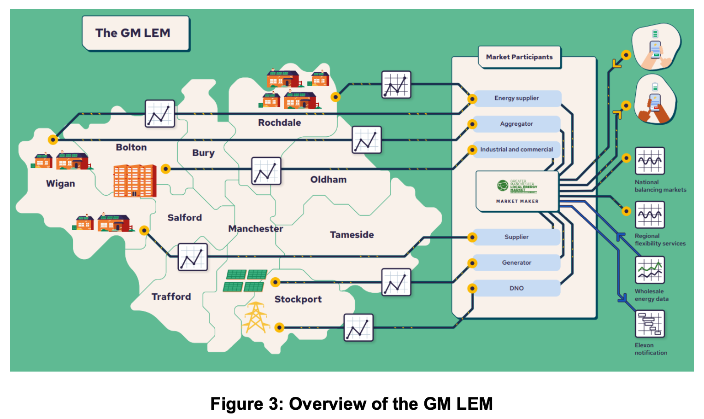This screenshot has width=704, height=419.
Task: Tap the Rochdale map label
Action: (x=279, y=123)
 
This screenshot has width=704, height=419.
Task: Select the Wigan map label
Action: (x=60, y=184)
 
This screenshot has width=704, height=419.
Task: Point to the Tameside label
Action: (x=352, y=235)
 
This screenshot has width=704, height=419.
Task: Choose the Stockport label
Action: (x=298, y=299)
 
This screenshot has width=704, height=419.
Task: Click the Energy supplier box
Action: (x=516, y=99)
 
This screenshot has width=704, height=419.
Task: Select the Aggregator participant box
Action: (x=516, y=124)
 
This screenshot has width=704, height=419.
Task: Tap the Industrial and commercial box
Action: (x=516, y=150)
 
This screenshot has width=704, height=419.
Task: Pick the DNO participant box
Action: (x=516, y=288)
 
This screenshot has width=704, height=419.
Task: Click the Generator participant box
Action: (x=516, y=262)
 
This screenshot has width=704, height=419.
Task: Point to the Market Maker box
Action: (x=517, y=191)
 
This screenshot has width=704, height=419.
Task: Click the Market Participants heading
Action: (x=519, y=57)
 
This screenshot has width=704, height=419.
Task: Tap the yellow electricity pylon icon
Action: (x=256, y=318)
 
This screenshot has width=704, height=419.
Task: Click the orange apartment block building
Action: (x=135, y=180)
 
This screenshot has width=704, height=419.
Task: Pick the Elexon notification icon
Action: (x=650, y=324)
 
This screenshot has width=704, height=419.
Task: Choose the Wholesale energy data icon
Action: (x=650, y=270)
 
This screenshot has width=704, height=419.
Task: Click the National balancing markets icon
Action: (x=650, y=161)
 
